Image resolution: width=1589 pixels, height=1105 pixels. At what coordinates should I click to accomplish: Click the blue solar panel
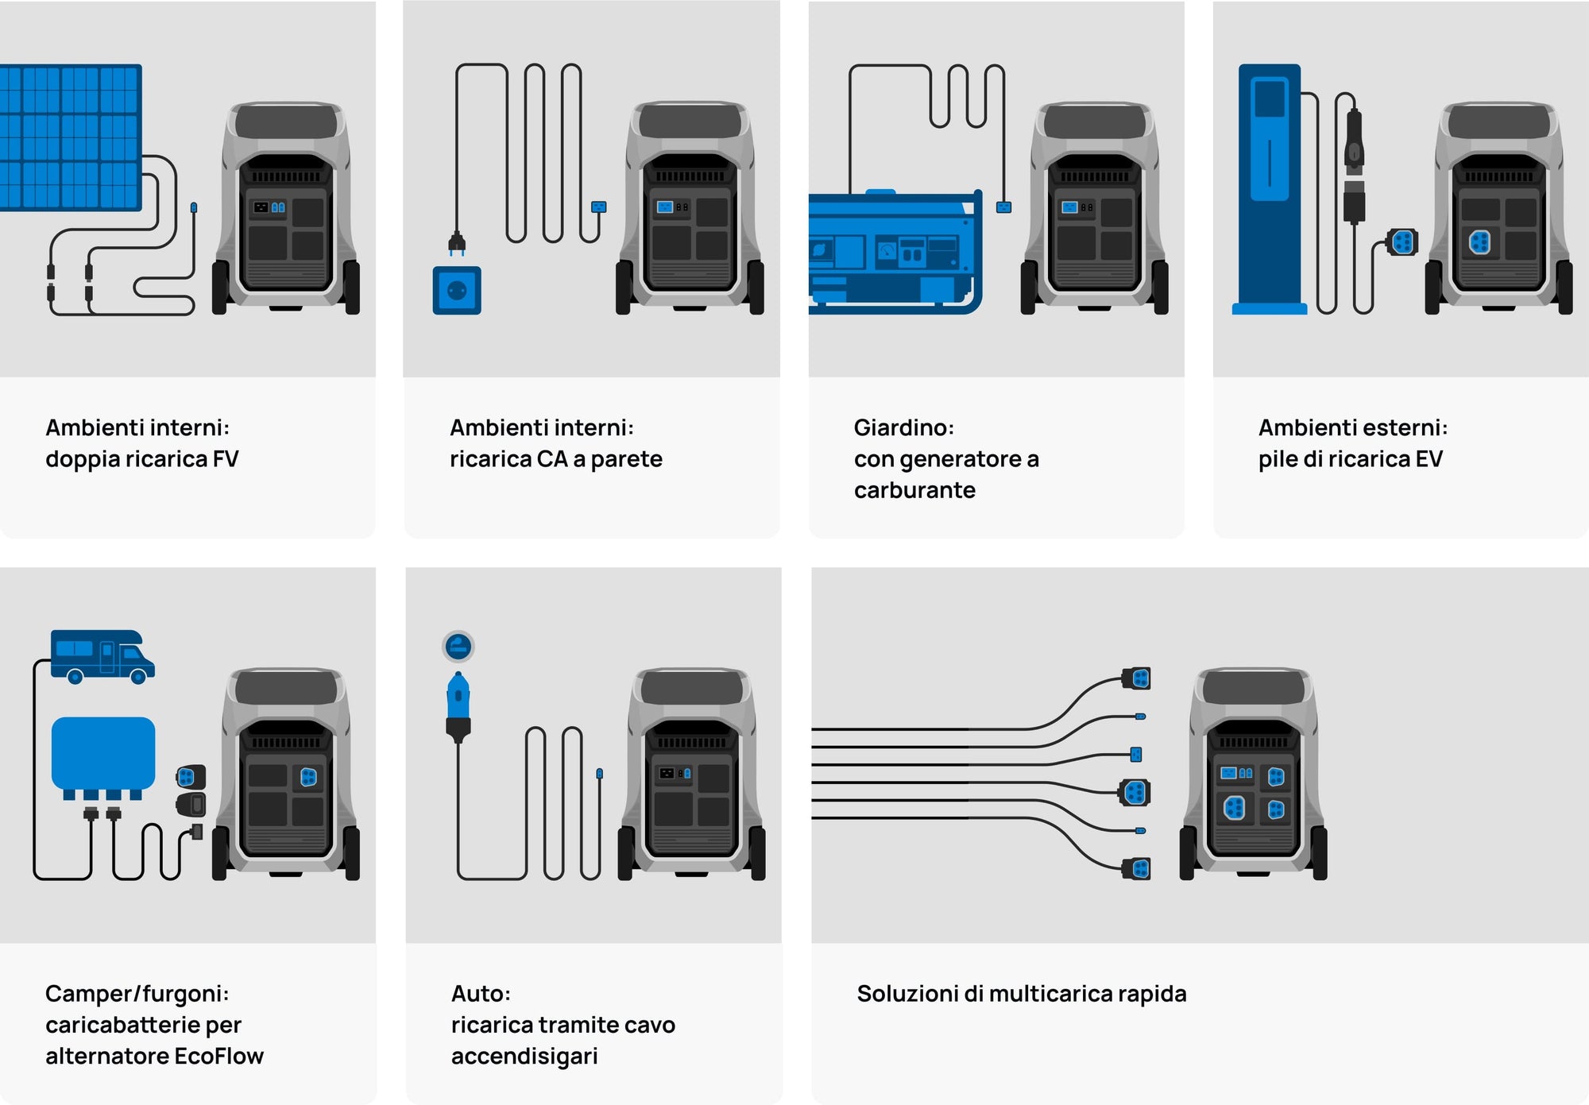[70, 137]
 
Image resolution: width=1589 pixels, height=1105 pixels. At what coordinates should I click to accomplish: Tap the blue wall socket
[457, 291]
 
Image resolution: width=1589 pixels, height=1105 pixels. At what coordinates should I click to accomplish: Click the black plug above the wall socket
[456, 242]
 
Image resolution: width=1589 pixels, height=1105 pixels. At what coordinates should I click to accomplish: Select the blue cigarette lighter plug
[458, 699]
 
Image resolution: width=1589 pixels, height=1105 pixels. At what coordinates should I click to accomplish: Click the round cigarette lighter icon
[458, 647]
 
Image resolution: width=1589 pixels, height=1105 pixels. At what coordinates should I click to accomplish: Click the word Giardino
[903, 428]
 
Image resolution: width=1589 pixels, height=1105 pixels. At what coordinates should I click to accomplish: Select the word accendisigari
[524, 1057]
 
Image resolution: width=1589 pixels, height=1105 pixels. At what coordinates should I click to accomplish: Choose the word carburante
[914, 490]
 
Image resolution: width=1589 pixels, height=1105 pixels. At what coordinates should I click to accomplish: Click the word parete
[626, 459]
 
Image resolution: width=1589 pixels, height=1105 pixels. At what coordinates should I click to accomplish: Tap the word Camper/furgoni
[137, 994]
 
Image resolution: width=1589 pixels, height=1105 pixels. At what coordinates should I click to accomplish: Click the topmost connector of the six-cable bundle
[1137, 678]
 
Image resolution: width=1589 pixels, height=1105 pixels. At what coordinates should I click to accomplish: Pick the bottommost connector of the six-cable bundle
[1137, 869]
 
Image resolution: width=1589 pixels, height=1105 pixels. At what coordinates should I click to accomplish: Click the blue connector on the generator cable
[1003, 207]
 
